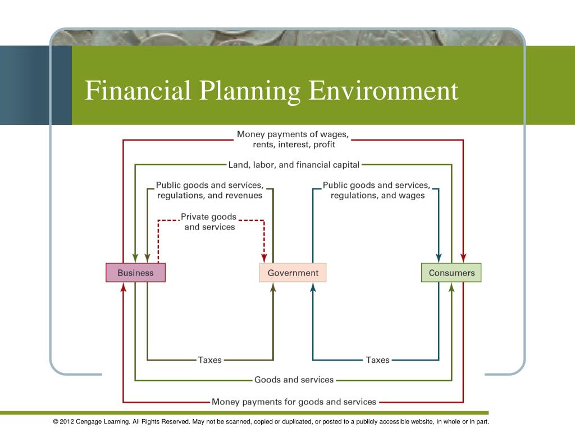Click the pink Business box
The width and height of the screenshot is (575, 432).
pos(135,273)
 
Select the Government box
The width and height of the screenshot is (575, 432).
pos(293,273)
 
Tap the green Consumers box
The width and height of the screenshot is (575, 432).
pos(451,273)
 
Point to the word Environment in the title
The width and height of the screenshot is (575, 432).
pos(385,91)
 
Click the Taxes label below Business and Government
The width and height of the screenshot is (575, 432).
pos(209,360)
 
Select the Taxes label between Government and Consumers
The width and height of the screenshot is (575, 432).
pos(377,360)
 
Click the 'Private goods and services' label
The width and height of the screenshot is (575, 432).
pos(209,222)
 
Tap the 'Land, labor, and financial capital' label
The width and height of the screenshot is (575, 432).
pos(294,165)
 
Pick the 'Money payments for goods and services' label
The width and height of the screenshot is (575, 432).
pos(294,402)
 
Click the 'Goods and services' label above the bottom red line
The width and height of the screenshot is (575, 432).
pos(294,380)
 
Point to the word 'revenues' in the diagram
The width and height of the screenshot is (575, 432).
pos(243,195)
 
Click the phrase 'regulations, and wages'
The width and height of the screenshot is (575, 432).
pos(377,195)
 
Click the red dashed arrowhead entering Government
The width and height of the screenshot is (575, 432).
pos(264,258)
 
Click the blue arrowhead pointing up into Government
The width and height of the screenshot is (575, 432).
pos(313,287)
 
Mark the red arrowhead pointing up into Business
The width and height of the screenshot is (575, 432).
pos(124,287)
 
